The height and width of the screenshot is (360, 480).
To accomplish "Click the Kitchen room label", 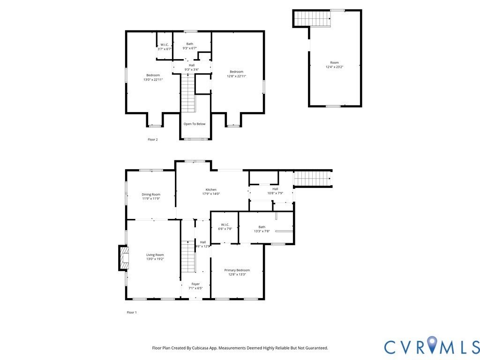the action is click(211, 189).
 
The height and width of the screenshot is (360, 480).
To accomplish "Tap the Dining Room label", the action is click(151, 195).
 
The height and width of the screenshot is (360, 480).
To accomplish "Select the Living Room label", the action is click(155, 255).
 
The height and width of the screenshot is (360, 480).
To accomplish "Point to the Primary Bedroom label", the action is click(237, 270).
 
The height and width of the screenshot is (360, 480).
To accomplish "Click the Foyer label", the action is click(195, 284).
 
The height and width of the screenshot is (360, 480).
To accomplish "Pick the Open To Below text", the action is click(195, 124).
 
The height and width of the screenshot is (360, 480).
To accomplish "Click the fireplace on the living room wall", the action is click(123, 258).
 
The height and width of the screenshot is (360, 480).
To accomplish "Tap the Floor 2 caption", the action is click(153, 140).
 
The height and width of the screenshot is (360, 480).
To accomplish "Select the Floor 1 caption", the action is click(132, 313).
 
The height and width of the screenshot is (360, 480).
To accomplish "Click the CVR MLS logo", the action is click(432, 346).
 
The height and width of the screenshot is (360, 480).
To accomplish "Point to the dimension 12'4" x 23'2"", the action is click(334, 67).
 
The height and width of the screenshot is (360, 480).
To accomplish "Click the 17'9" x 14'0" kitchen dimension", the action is click(211, 194).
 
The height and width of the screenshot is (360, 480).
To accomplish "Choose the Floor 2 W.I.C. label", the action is click(165, 45).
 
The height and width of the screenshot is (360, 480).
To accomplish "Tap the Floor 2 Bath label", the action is click(190, 44).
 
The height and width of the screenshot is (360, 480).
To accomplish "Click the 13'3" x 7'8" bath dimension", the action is click(262, 231).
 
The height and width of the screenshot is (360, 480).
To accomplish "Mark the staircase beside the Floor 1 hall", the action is click(188, 256).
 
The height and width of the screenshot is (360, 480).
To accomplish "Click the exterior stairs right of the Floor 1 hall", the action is click(313, 179).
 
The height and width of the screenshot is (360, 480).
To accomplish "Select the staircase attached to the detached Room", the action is click(312, 19).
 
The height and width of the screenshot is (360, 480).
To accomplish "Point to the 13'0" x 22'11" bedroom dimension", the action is click(153, 80).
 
